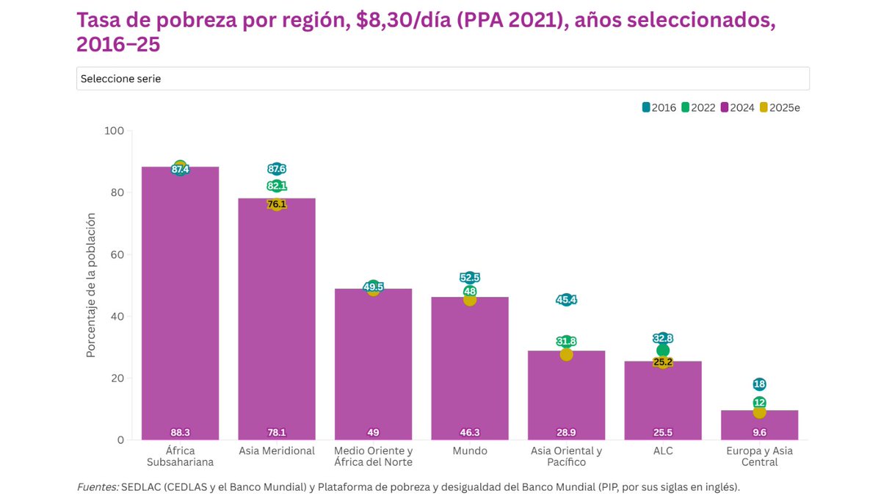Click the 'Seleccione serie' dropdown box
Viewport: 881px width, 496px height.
click(442, 79)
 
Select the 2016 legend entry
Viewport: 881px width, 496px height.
click(659, 107)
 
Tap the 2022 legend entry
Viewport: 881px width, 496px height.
click(698, 107)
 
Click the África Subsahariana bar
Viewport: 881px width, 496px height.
click(180, 309)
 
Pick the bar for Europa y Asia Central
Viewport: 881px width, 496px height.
click(759, 426)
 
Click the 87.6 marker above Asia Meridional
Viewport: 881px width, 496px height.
click(277, 169)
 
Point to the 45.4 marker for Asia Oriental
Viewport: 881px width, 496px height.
click(566, 300)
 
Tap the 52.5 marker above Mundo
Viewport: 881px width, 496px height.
click(470, 278)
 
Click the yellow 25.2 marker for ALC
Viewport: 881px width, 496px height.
click(663, 362)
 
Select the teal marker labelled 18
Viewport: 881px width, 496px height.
click(759, 384)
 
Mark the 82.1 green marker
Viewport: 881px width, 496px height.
click(277, 186)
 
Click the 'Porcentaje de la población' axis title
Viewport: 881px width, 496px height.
click(91, 285)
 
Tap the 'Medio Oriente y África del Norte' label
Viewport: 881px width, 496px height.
click(373, 456)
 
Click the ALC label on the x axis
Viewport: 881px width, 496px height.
click(663, 450)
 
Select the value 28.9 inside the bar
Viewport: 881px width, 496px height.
click(566, 432)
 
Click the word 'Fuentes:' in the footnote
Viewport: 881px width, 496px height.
click(97, 486)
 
